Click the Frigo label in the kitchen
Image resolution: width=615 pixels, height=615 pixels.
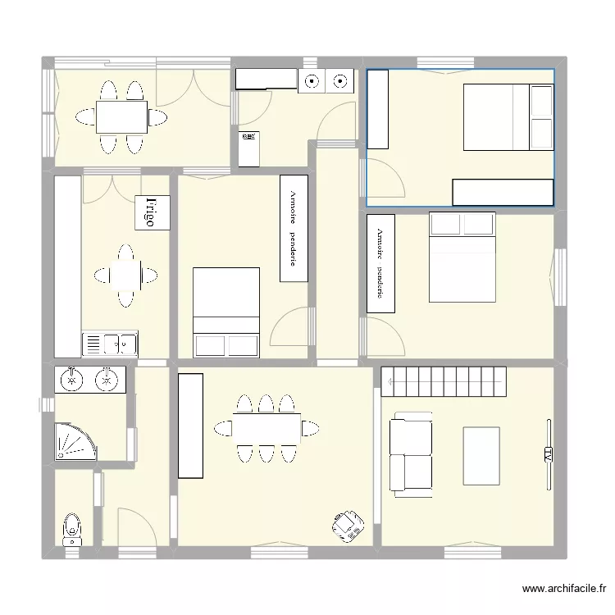click(x=152, y=212)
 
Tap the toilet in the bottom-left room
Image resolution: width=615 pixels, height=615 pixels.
click(x=72, y=529)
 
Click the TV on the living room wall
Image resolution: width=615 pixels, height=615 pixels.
click(x=547, y=454)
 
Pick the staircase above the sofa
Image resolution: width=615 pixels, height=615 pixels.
click(x=444, y=377)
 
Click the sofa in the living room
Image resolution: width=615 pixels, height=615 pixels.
click(x=411, y=457)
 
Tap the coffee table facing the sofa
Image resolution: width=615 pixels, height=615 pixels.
click(x=481, y=455)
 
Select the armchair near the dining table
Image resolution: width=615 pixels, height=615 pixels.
click(x=348, y=525)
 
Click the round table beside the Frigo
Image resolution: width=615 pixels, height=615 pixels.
click(x=125, y=275)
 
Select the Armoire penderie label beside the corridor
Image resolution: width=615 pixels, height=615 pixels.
click(x=294, y=228)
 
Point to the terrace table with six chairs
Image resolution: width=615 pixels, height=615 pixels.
click(x=121, y=116)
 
